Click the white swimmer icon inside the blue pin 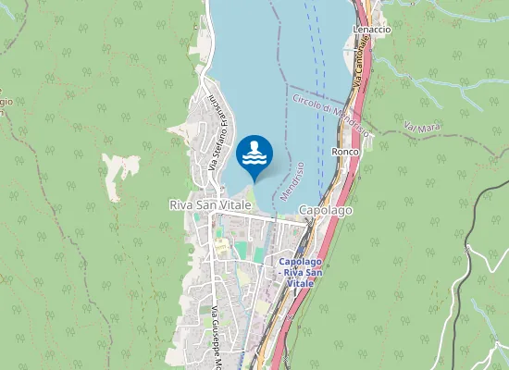(x=254, y=154)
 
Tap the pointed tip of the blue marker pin (x=254, y=181)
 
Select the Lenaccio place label (x=372, y=30)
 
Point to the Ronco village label (x=344, y=151)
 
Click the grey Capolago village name (x=326, y=211)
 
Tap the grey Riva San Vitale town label (x=210, y=204)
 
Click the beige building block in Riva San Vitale (x=222, y=246)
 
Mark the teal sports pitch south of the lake (x=242, y=251)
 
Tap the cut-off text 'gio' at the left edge (x=5, y=101)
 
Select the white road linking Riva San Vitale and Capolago (x=264, y=218)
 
